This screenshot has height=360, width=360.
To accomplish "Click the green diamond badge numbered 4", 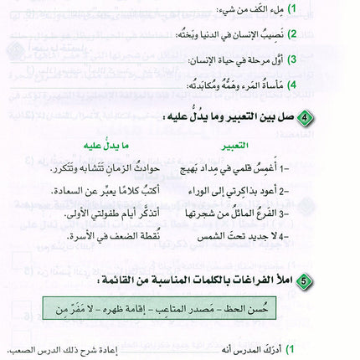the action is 306,116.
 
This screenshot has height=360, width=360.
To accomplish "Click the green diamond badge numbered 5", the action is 306,278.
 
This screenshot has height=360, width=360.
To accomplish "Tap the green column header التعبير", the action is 231,146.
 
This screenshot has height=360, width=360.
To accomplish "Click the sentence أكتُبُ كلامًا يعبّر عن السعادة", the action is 93,189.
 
